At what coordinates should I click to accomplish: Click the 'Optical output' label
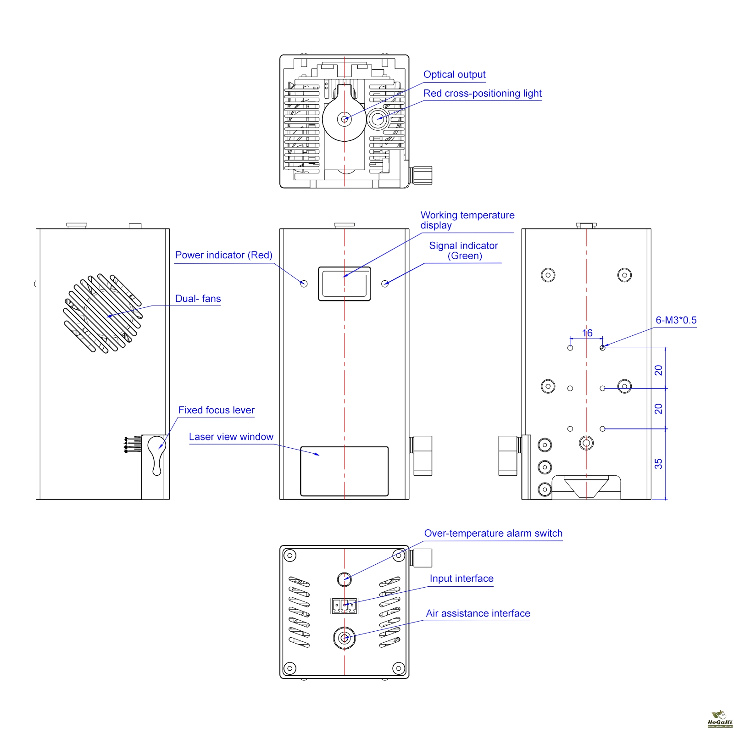pyautogui.click(x=454, y=75)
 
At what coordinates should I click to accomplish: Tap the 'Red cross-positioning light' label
pyautogui.click(x=482, y=94)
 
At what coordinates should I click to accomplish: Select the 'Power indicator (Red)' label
pyautogui.click(x=224, y=255)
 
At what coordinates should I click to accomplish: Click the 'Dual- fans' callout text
pyautogui.click(x=198, y=299)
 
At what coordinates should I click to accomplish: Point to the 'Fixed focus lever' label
pyautogui.click(x=216, y=410)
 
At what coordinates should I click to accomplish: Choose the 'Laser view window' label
pyautogui.click(x=231, y=437)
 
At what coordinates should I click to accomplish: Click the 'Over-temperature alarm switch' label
pyautogui.click(x=493, y=534)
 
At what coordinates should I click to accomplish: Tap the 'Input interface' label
pyautogui.click(x=462, y=578)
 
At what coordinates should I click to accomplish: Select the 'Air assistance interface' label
pyautogui.click(x=478, y=613)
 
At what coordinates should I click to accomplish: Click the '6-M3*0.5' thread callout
pyautogui.click(x=676, y=320)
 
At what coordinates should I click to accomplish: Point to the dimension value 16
pyautogui.click(x=587, y=333)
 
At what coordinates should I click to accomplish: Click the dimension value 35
pyautogui.click(x=658, y=464)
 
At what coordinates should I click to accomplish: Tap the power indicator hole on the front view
pyautogui.click(x=304, y=284)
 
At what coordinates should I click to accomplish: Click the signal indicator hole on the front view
pyautogui.click(x=385, y=284)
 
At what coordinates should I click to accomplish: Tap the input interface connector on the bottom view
pyautogui.click(x=345, y=606)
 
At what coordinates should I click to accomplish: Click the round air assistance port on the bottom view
pyautogui.click(x=345, y=638)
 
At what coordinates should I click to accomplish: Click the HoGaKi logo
pyautogui.click(x=720, y=719)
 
